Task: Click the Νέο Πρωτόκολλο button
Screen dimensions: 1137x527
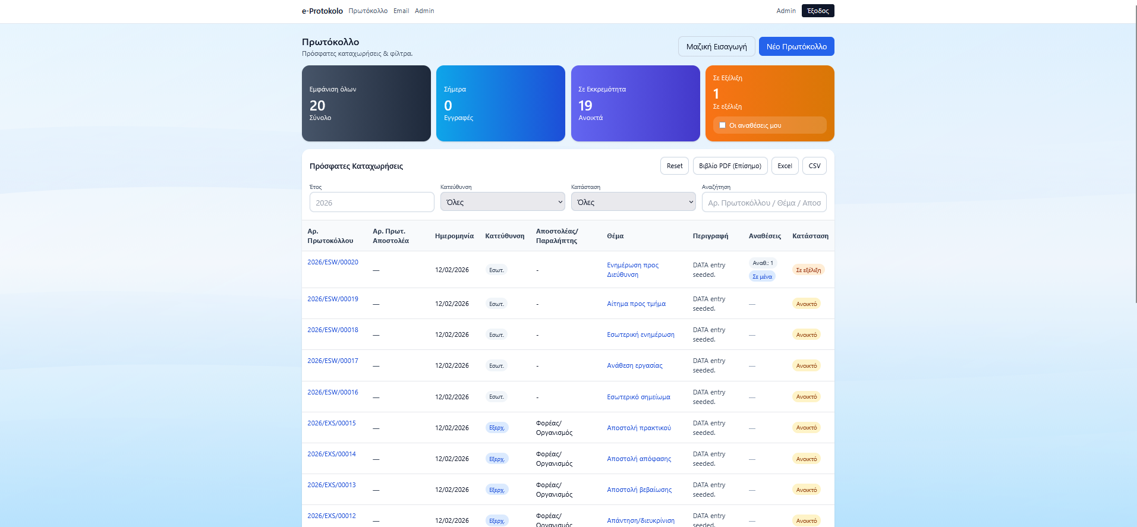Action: click(796, 46)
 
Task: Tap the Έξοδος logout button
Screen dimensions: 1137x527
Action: click(818, 11)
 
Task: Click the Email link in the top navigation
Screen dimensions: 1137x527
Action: click(401, 11)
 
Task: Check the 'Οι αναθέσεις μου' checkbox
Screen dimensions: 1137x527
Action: click(723, 125)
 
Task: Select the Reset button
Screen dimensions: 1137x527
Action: click(675, 166)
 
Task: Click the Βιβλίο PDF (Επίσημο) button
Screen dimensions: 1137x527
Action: click(730, 166)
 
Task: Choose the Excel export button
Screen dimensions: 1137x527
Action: click(785, 166)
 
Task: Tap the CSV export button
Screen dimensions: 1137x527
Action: click(814, 166)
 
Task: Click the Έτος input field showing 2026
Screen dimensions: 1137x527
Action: click(372, 202)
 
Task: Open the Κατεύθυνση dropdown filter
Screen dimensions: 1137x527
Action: click(503, 202)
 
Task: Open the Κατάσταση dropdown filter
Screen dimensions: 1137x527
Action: click(634, 202)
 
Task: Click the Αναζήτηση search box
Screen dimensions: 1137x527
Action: click(764, 202)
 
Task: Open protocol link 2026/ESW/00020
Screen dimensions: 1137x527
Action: click(333, 262)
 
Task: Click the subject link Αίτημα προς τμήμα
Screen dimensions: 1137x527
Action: click(636, 304)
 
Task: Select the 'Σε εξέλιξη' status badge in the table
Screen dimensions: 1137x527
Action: click(808, 270)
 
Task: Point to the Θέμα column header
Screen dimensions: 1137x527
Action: click(615, 236)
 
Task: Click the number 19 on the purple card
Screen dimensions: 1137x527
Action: click(585, 106)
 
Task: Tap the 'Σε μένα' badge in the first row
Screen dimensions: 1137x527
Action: click(762, 276)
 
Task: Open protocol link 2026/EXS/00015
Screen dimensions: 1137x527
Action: click(332, 423)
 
